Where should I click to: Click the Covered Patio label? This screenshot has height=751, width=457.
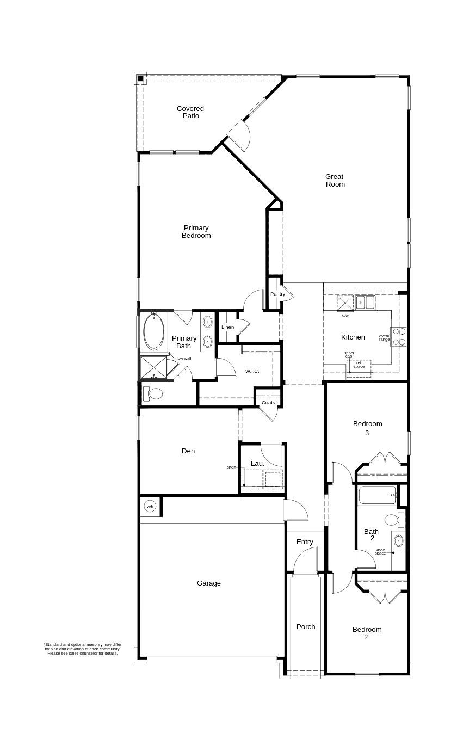(x=190, y=112)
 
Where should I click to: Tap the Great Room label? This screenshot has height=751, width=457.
(x=335, y=180)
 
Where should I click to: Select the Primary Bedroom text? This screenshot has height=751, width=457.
(x=196, y=232)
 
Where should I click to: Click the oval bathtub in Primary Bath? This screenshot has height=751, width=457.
(x=154, y=332)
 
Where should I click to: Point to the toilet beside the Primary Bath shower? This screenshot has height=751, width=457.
(x=154, y=394)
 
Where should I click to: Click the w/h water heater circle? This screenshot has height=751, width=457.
(x=150, y=506)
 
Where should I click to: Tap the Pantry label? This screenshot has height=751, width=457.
(x=277, y=294)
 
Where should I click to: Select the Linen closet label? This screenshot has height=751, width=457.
(x=227, y=327)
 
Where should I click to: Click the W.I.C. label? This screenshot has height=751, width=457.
(x=252, y=371)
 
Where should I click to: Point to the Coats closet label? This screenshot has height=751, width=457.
(x=268, y=403)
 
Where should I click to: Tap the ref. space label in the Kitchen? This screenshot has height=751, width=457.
(x=359, y=365)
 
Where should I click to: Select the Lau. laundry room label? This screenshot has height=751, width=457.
(x=257, y=464)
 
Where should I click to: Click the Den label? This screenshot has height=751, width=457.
(x=188, y=451)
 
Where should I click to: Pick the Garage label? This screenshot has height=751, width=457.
(x=209, y=583)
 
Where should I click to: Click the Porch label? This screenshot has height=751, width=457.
(x=306, y=626)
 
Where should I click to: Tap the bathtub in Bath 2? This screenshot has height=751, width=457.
(x=378, y=495)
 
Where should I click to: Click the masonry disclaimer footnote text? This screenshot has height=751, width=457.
(x=83, y=649)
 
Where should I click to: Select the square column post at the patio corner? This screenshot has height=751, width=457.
(x=140, y=79)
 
